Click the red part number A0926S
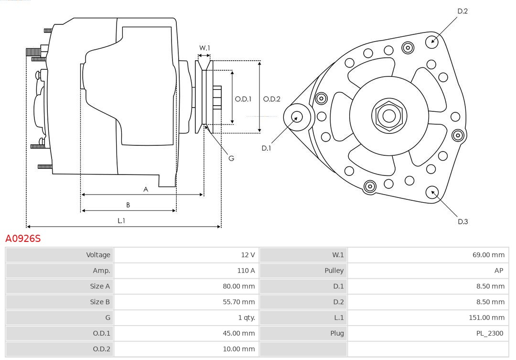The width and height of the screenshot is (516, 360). (x=23, y=238)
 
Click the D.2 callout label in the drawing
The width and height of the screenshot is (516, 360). (x=462, y=11)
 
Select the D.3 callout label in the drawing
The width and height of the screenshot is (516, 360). (x=462, y=221)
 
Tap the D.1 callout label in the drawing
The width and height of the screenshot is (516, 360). (x=266, y=148)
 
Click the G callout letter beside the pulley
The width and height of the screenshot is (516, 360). (x=231, y=158)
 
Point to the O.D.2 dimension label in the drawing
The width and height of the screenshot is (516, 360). (x=272, y=99)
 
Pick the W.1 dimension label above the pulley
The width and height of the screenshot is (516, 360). (x=204, y=48)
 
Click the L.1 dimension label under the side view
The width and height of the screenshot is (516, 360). (x=121, y=220)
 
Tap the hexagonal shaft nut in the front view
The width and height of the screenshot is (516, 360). (x=389, y=116)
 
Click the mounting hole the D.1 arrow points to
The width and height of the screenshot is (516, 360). (x=296, y=117)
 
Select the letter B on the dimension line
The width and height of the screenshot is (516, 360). (x=128, y=205)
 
